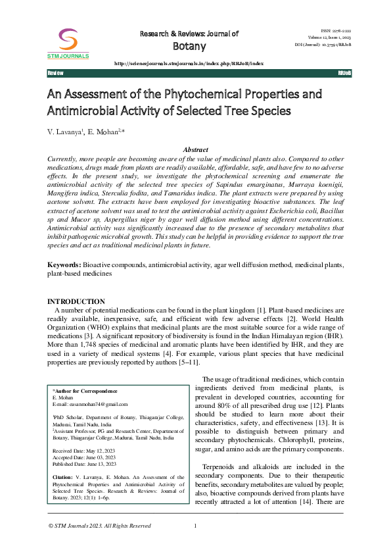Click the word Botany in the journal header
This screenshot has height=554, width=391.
point(189,46)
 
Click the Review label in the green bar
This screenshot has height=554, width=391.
point(55,72)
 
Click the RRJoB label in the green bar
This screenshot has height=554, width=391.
point(344,72)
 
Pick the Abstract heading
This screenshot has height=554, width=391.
point(195,150)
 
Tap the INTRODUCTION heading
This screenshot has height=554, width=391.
point(76,301)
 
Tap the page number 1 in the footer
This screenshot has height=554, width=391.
point(195,526)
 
